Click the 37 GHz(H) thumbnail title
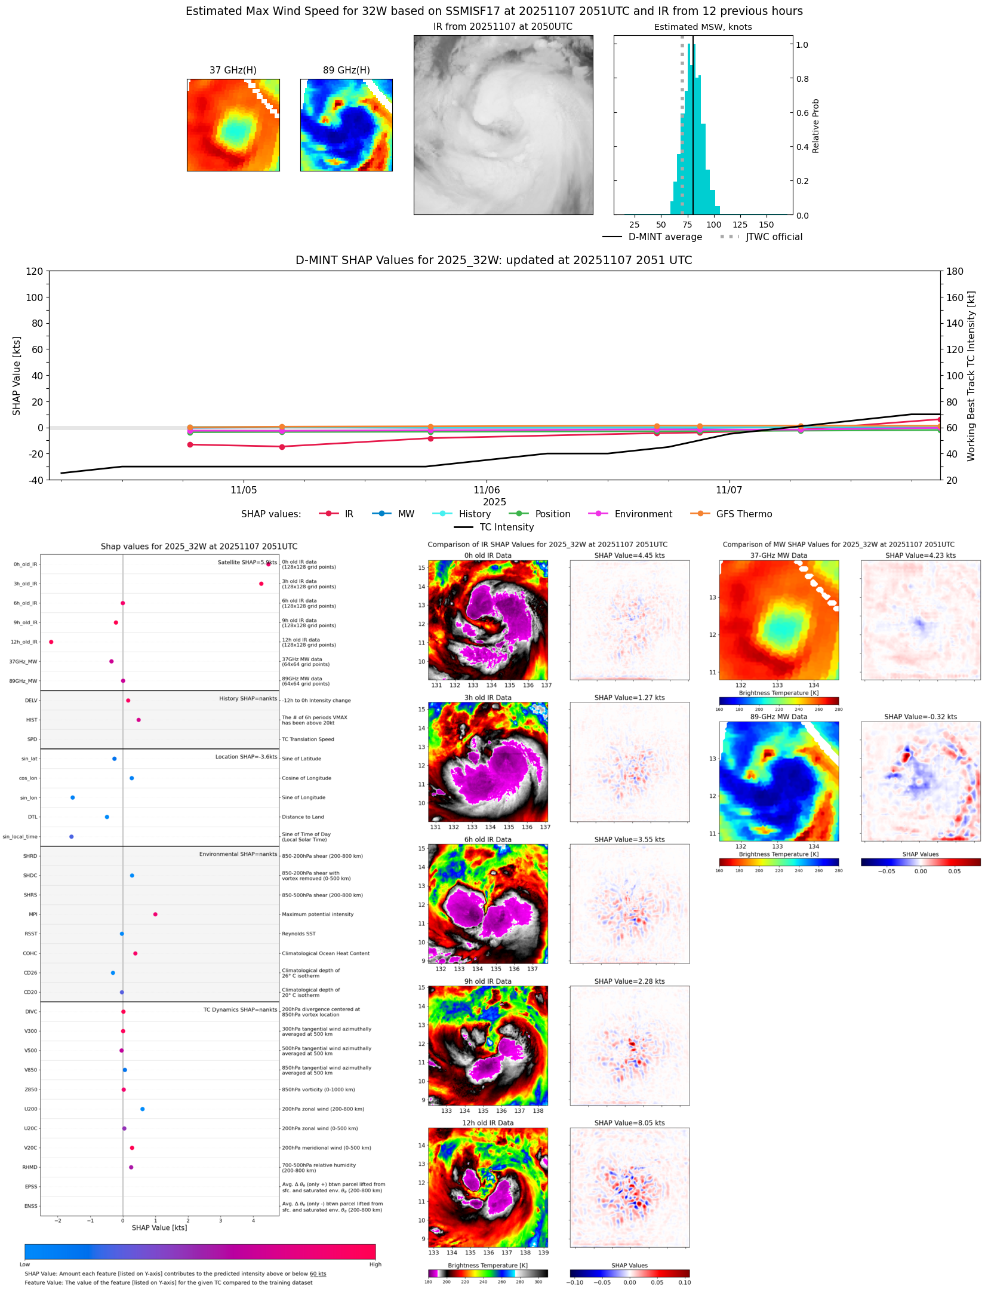(x=233, y=70)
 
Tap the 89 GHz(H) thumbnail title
(x=346, y=70)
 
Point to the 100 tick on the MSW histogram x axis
(x=714, y=225)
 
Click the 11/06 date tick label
(x=487, y=490)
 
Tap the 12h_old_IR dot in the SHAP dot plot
(x=51, y=642)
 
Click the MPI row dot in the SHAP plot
(x=155, y=914)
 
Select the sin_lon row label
(x=29, y=798)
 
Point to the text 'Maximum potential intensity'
(x=318, y=914)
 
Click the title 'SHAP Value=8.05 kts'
(x=629, y=1123)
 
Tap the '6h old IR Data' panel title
(x=488, y=839)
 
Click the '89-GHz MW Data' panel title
(x=778, y=717)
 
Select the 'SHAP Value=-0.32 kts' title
(x=920, y=717)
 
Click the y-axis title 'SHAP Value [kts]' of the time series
(x=17, y=376)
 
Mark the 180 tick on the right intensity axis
(x=955, y=271)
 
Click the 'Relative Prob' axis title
(x=815, y=126)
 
